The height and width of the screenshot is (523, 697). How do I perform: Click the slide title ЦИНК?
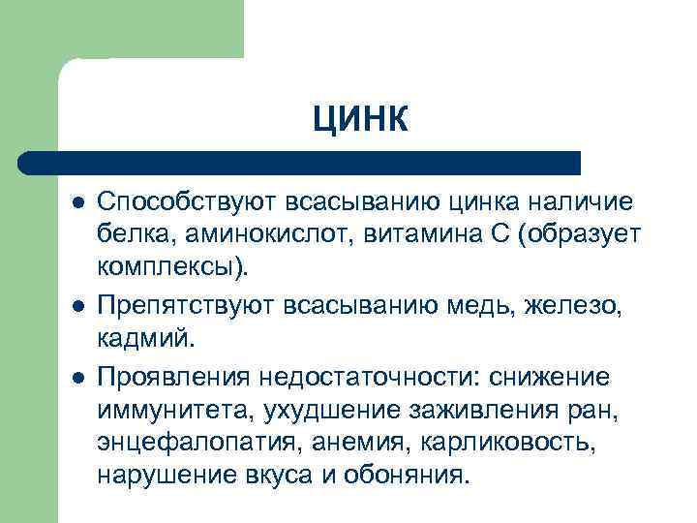pyautogui.click(x=360, y=121)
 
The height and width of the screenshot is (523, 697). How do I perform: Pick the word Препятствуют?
pyautogui.click(x=185, y=307)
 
